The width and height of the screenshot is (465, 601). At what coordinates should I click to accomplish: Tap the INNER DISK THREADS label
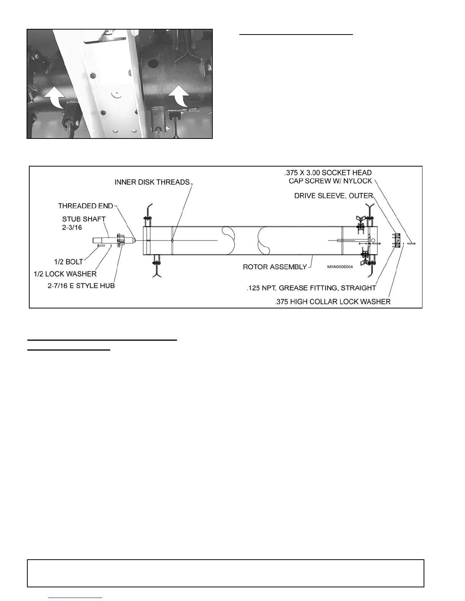coord(152,183)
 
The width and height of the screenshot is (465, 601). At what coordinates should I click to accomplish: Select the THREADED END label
coord(85,206)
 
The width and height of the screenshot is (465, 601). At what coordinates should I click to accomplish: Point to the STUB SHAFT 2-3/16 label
coord(84,223)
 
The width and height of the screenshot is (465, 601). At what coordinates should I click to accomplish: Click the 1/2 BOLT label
coord(68,262)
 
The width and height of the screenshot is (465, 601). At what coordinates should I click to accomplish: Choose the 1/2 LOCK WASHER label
coord(65,274)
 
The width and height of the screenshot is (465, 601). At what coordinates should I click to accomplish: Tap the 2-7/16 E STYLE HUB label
coord(81,286)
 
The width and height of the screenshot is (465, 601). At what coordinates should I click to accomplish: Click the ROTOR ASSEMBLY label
coord(275,267)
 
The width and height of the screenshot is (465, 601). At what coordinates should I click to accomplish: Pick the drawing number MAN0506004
coord(340,267)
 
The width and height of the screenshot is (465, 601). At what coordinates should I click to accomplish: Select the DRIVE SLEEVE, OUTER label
coord(334,196)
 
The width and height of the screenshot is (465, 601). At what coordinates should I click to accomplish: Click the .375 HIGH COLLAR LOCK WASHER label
coord(332,302)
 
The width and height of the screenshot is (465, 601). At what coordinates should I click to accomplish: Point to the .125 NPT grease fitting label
coord(311,288)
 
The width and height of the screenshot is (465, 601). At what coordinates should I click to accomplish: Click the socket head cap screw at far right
coord(412,243)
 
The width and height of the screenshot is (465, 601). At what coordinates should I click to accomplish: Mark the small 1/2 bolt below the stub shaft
coord(101,245)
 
